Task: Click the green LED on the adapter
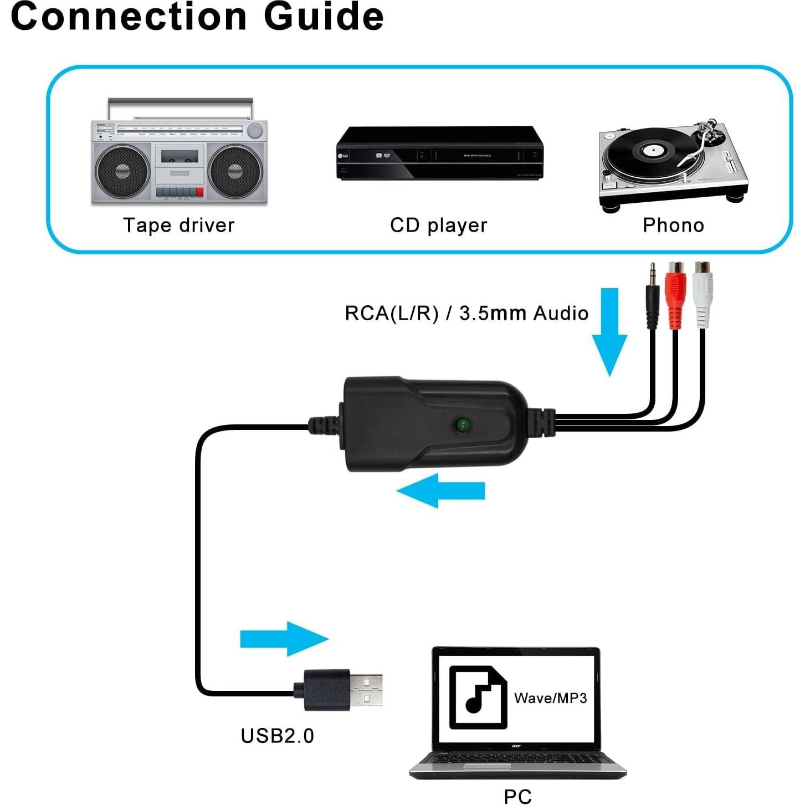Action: (x=462, y=425)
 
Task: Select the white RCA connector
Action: (x=703, y=294)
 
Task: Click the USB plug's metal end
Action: (x=366, y=689)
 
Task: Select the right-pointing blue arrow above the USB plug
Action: (x=284, y=639)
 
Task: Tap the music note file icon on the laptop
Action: (x=478, y=697)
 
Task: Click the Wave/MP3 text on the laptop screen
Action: (x=550, y=698)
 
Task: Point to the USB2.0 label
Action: (x=277, y=736)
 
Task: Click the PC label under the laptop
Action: (x=517, y=796)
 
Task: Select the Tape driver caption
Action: (x=178, y=225)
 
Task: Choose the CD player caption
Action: (x=438, y=225)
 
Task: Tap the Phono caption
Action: (x=673, y=225)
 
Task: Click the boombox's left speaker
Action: (x=122, y=171)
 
